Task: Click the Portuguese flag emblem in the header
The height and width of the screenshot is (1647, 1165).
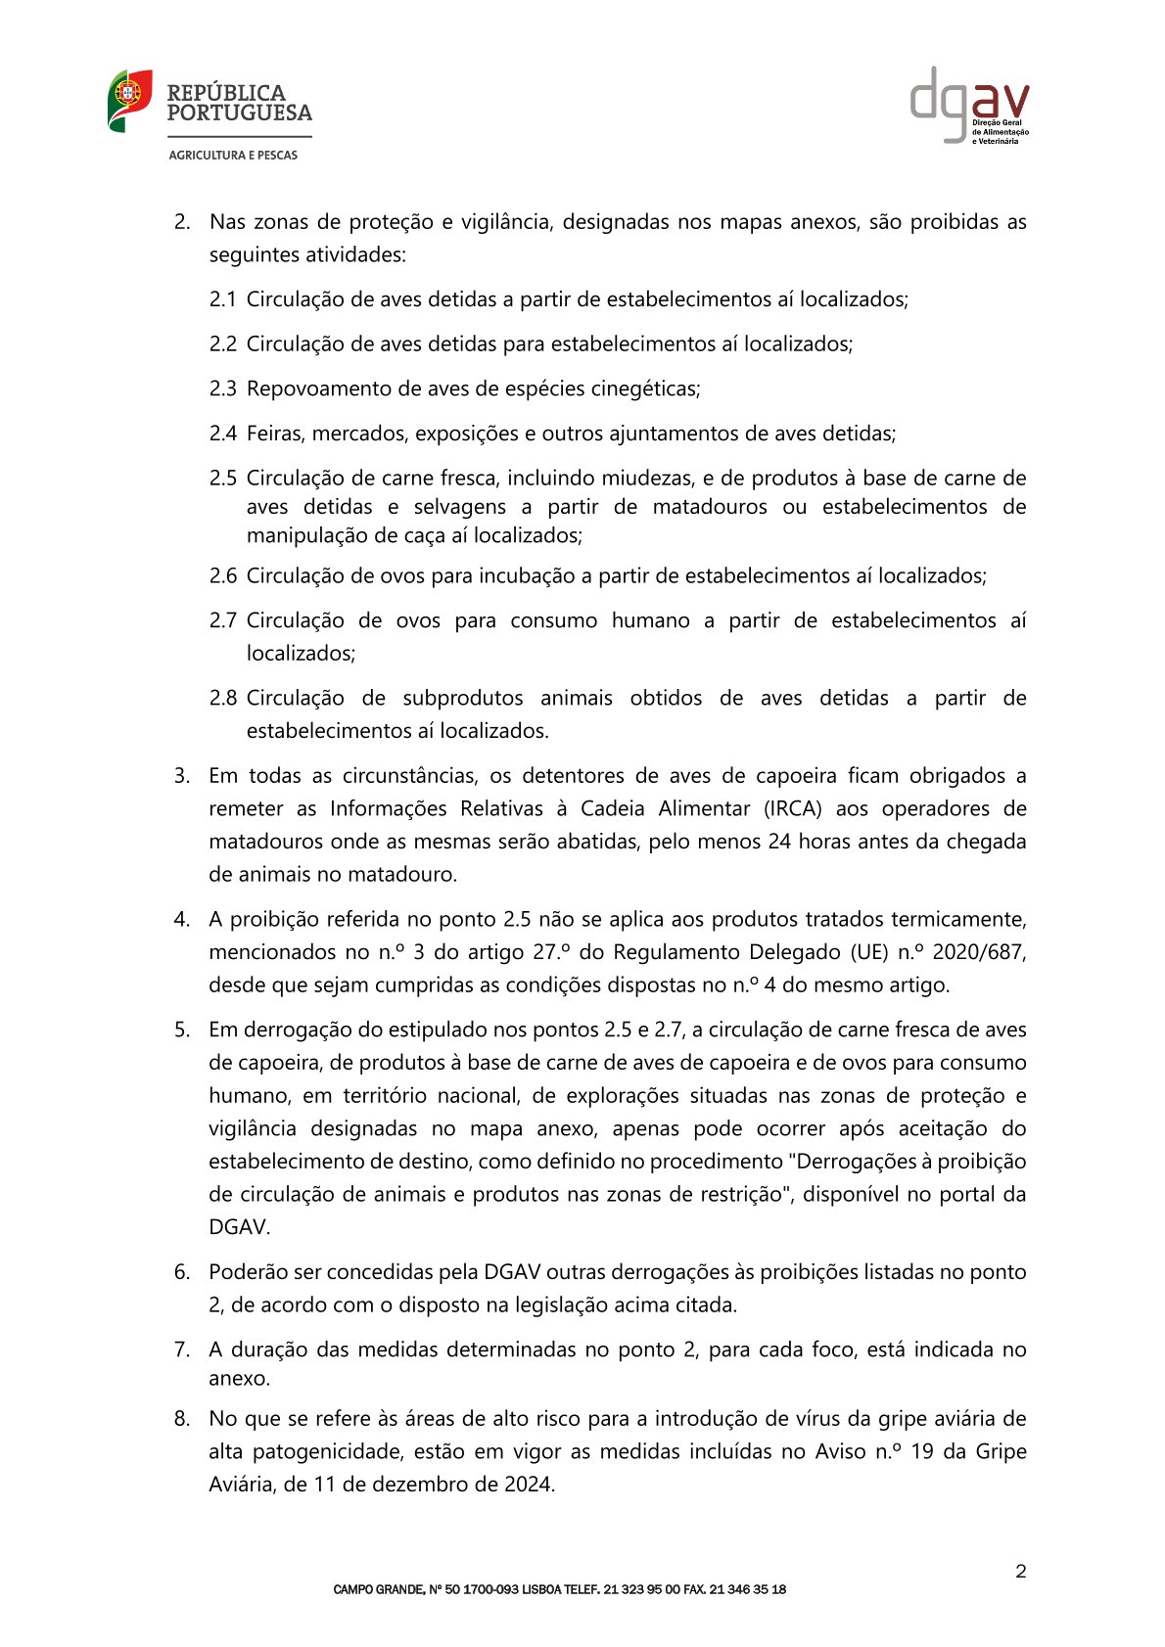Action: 129,101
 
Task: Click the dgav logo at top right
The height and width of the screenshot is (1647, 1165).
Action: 969,105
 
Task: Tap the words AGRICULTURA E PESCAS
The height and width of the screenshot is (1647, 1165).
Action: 233,155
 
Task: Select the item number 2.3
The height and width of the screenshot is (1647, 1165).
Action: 222,389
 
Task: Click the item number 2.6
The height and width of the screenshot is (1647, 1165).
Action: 222,575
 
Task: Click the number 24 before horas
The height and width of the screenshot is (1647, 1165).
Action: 779,842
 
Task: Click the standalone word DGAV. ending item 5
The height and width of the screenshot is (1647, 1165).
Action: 239,1227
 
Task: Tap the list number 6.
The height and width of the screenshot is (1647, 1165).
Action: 181,1272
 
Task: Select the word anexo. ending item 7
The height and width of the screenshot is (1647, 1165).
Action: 239,1379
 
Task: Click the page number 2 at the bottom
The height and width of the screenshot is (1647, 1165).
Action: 1021,1572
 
